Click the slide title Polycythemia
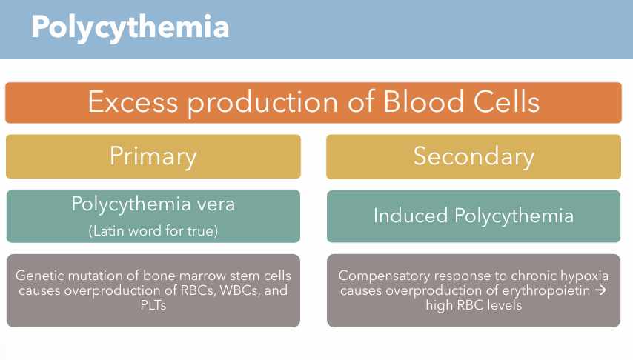[130, 27]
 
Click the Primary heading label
[153, 156]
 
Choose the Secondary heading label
[474, 156]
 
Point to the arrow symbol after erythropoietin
[600, 290]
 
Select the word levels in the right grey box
[502, 305]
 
